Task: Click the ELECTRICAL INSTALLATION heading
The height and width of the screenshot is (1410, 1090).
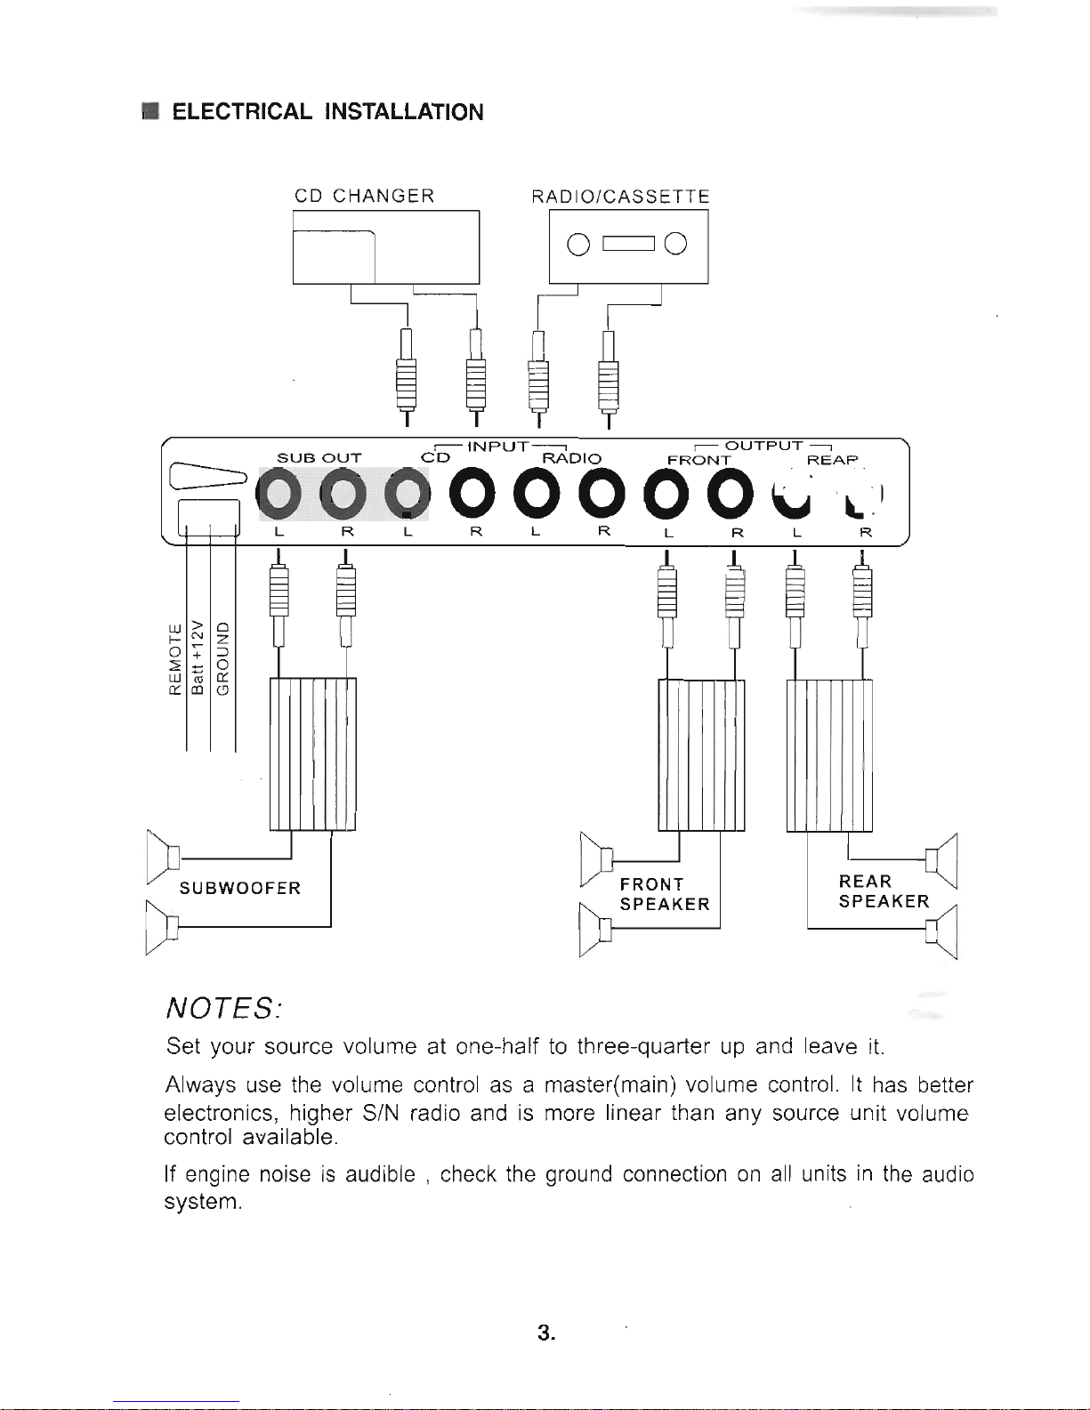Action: pos(327,111)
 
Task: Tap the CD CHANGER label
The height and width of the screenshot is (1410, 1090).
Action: pos(364,196)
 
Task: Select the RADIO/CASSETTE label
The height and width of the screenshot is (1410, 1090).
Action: pos(620,197)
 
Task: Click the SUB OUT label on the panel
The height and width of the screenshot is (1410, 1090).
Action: pos(319,458)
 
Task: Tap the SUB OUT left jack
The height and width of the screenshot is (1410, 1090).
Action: pos(279,495)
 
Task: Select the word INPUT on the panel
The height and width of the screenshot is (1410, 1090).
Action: pos(498,447)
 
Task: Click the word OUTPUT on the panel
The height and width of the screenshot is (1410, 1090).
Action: pos(763,446)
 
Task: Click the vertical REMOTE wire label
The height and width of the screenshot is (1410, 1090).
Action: pos(175,659)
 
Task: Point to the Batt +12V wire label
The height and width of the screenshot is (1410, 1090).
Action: pos(198,656)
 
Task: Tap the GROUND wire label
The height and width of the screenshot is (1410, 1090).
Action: pos(222,658)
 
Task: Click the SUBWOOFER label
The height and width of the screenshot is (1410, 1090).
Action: pos(240,889)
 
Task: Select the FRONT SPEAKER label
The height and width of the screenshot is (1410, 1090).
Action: pos(665,895)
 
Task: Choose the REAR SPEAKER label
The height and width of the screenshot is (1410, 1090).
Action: pos(884,891)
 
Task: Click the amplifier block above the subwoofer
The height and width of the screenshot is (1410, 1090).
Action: pos(312,754)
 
